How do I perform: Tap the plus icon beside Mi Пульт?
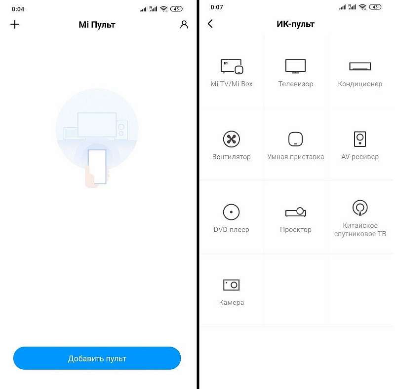(15, 25)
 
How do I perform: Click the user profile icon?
(184, 25)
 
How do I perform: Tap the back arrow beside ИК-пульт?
(210, 24)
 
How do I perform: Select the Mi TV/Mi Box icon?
(232, 67)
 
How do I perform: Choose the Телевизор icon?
(295, 66)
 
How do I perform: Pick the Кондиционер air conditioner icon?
(360, 66)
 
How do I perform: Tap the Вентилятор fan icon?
(231, 139)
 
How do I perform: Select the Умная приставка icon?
(295, 139)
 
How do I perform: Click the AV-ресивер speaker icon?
(360, 139)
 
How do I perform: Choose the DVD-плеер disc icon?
(231, 212)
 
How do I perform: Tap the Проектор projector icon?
(296, 212)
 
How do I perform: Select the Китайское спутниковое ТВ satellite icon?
(360, 208)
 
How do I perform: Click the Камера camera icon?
(231, 285)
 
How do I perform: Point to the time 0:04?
(18, 9)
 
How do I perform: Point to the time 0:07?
(217, 7)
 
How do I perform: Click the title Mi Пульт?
(97, 25)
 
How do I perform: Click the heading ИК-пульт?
(295, 24)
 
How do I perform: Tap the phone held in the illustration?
(97, 167)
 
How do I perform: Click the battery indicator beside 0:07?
(375, 7)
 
